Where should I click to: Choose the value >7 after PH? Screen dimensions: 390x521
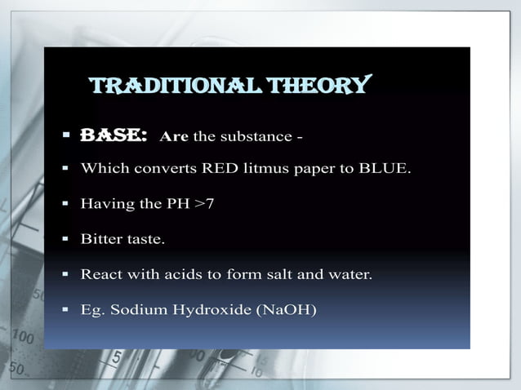point(204,204)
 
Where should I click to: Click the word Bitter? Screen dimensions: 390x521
point(98,240)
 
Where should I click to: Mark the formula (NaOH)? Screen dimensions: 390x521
point(287,310)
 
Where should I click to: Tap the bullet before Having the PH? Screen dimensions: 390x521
point(64,204)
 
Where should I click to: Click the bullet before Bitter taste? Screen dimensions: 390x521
point(64,240)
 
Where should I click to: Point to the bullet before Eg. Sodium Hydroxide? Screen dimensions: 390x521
point(64,310)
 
